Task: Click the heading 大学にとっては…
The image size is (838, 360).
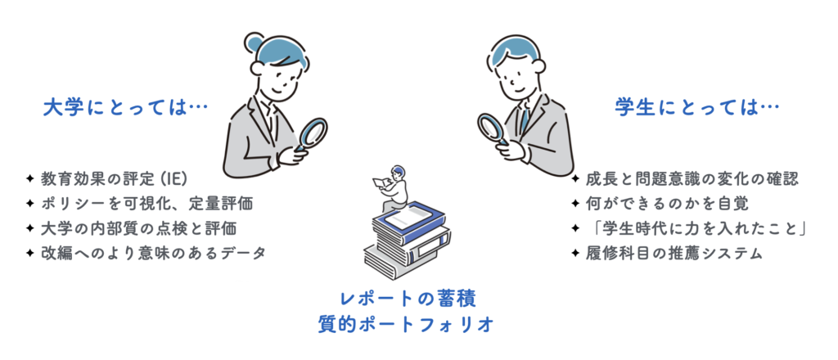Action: pos(125,109)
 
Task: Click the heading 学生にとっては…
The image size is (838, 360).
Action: pos(696,109)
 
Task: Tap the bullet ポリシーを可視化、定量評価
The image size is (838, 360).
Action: pos(146,203)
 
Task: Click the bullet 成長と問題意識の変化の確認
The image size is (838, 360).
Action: pos(692,179)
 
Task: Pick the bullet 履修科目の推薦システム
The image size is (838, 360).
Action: pos(674,253)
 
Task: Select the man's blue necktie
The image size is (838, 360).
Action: pos(525,119)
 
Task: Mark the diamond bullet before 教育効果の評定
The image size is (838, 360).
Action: pos(30,178)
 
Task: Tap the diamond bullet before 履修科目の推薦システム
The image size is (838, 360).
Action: pos(575,254)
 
